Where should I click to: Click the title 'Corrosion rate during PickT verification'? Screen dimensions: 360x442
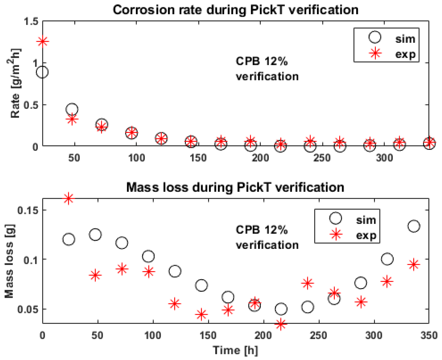pyautogui.click(x=235, y=10)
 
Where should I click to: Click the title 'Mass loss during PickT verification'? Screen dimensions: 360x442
pyautogui.click(x=235, y=187)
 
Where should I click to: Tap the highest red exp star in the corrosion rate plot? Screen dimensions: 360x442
pyautogui.click(x=43, y=42)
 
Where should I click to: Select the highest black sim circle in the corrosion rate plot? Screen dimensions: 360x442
pyautogui.click(x=42, y=72)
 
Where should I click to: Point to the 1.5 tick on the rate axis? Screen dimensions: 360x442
pyautogui.click(x=31, y=22)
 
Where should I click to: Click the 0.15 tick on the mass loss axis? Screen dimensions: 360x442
pyautogui.click(x=28, y=210)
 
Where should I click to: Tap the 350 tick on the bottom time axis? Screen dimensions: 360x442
pyautogui.click(x=429, y=335)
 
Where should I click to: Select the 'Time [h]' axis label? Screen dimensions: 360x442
pyautogui.click(x=235, y=350)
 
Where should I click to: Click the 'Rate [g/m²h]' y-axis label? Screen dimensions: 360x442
pyautogui.click(x=15, y=83)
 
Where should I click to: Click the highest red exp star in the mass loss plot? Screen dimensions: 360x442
pyautogui.click(x=69, y=198)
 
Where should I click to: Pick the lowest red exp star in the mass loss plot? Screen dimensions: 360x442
pyautogui.click(x=281, y=324)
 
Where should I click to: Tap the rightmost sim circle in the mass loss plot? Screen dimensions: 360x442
pyautogui.click(x=414, y=226)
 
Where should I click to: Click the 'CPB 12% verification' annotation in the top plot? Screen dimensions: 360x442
pyautogui.click(x=267, y=69)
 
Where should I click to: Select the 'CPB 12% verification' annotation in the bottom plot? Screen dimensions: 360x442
pyautogui.click(x=267, y=237)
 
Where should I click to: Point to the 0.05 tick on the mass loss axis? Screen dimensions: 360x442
pyautogui.click(x=28, y=310)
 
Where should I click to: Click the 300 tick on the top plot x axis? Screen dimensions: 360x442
pyautogui.click(x=384, y=158)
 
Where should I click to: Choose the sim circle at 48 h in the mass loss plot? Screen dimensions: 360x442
pyautogui.click(x=95, y=235)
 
